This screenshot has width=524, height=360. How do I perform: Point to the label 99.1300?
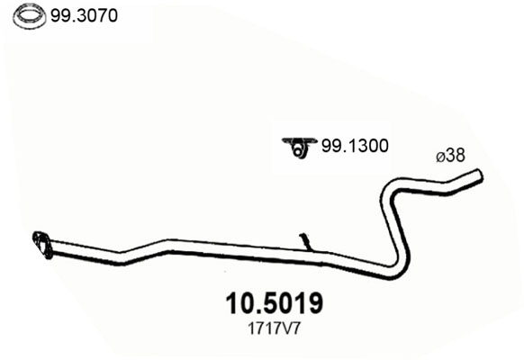355,146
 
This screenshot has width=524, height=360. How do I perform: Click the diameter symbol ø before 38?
440,156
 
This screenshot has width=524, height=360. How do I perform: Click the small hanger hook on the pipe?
305,241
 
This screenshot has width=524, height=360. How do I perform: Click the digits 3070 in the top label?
96,15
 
